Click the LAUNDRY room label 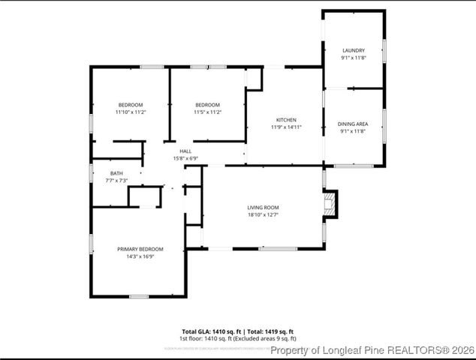353,50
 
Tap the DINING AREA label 353,124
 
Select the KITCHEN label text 286,120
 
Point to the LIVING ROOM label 263,207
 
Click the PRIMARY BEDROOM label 140,249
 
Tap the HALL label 185,151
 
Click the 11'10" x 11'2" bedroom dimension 131,112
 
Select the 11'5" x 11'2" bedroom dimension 207,112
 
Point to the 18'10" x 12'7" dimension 263,214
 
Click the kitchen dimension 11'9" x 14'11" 286,127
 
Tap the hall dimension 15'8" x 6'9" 185,158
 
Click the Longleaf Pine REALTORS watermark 372,350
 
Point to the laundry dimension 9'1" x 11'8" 353,58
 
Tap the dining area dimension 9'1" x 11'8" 353,131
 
